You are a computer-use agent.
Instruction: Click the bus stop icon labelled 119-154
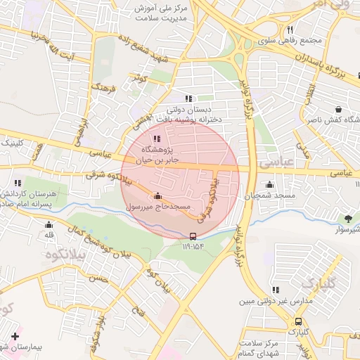tap(193, 236)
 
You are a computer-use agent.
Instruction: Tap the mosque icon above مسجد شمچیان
tap(269, 185)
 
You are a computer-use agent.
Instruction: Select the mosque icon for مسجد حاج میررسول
tap(157, 195)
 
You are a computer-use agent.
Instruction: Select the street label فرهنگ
tap(103, 89)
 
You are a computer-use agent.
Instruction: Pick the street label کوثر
tap(141, 79)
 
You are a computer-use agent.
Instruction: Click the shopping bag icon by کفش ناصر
tap(340, 110)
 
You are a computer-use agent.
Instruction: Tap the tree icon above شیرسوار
tap(347, 219)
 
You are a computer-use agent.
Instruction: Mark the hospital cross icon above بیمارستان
tap(15, 337)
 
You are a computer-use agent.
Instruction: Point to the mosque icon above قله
tap(49, 225)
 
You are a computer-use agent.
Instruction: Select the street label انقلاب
tap(310, 91)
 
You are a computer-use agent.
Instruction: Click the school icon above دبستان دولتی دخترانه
tap(188, 99)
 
